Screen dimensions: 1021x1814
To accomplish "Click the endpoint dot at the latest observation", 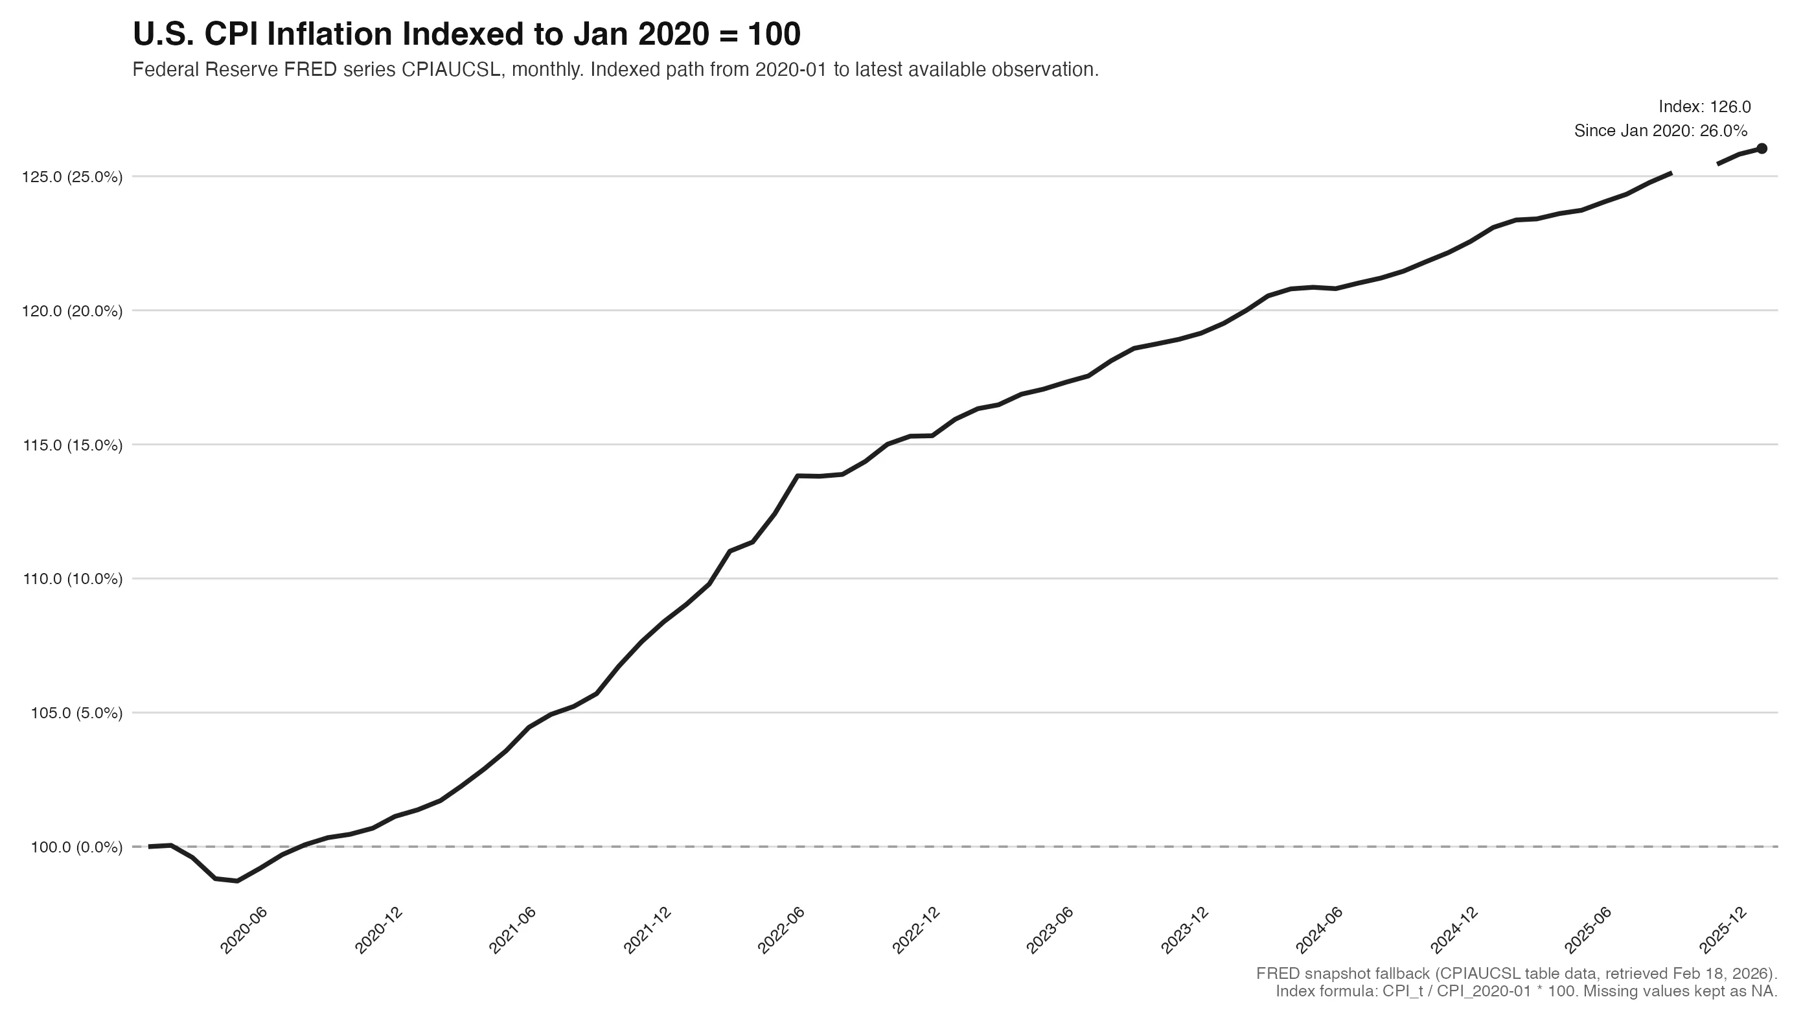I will coord(1761,148).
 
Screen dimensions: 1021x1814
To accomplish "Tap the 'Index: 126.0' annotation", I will coord(1704,107).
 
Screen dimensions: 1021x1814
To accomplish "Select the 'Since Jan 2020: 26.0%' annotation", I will coord(1660,131).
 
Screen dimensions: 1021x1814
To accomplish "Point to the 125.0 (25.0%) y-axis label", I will coord(73,177).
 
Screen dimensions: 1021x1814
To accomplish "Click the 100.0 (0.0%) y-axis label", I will coord(76,847).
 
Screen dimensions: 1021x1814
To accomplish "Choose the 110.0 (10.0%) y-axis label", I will coord(73,579).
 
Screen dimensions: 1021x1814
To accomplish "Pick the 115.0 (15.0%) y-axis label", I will coord(73,445).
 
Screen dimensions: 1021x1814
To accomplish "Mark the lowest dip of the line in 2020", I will coord(237,881).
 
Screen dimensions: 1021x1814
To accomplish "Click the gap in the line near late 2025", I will coord(1694,169).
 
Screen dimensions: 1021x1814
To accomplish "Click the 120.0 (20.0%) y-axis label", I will coord(73,311).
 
